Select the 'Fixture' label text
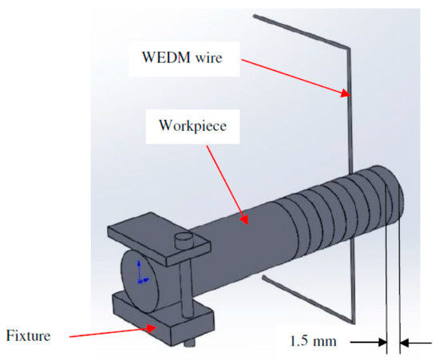pyautogui.click(x=29, y=335)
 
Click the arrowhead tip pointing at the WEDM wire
pyautogui.click(x=347, y=97)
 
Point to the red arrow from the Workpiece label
pyautogui.click(x=231, y=184)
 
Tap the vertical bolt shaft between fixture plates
pyautogui.click(x=184, y=275)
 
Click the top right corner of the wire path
pyautogui.click(x=348, y=45)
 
